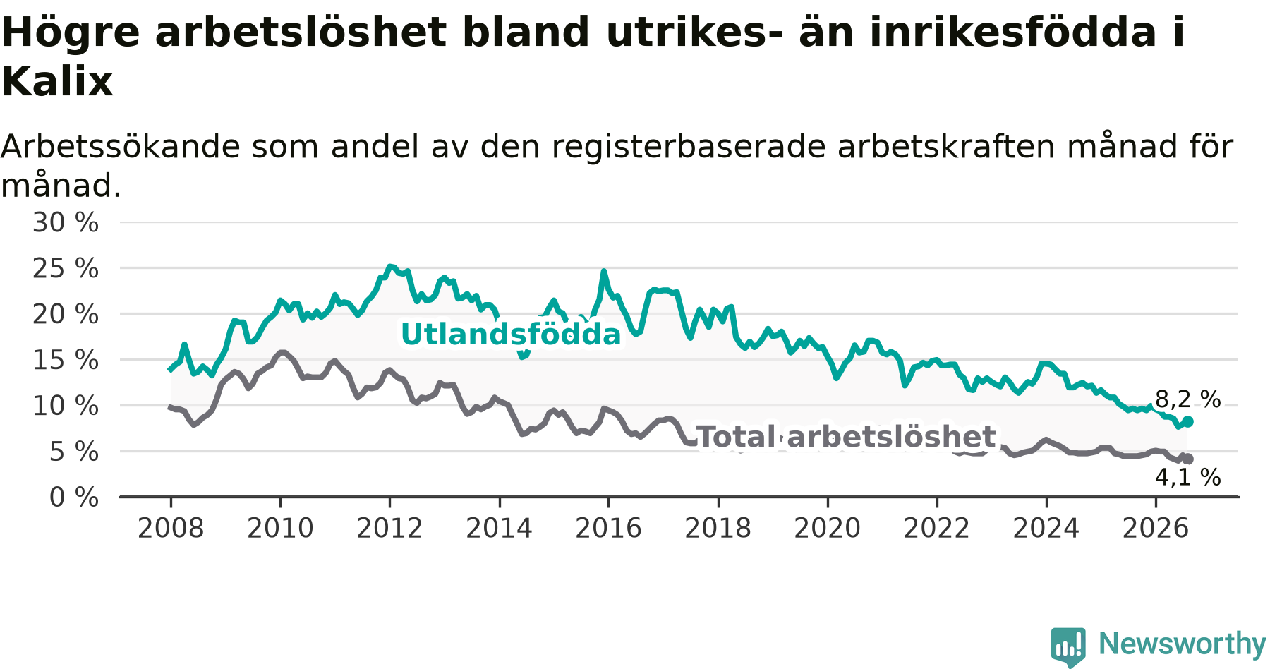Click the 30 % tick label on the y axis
click(66, 222)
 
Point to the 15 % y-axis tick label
click(66, 360)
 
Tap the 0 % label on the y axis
click(74, 498)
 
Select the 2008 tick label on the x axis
click(171, 528)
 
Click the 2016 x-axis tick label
click(608, 528)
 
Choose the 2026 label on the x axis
click(1156, 528)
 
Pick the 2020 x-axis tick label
click(828, 528)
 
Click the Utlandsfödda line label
click(511, 334)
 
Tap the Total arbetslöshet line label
click(845, 437)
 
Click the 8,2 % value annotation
click(1187, 399)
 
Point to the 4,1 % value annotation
click(1187, 478)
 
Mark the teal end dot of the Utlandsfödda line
click(1188, 421)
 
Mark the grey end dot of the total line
click(1188, 459)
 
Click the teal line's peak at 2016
click(604, 271)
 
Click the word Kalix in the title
click(57, 81)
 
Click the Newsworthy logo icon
click(1068, 646)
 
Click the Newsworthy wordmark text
click(1183, 644)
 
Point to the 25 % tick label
click(66, 268)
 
